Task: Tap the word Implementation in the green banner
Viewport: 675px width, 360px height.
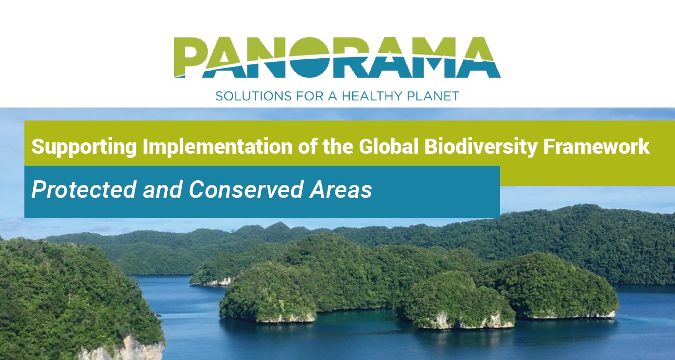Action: click(218, 148)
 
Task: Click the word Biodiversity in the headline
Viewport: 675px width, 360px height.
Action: click(481, 148)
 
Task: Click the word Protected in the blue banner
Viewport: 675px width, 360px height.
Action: click(84, 189)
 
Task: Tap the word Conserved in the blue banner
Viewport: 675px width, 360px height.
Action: click(246, 189)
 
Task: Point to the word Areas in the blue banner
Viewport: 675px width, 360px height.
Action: click(341, 189)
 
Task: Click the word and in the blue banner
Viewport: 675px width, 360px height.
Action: click(163, 189)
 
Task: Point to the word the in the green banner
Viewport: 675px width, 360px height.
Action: click(338, 146)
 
